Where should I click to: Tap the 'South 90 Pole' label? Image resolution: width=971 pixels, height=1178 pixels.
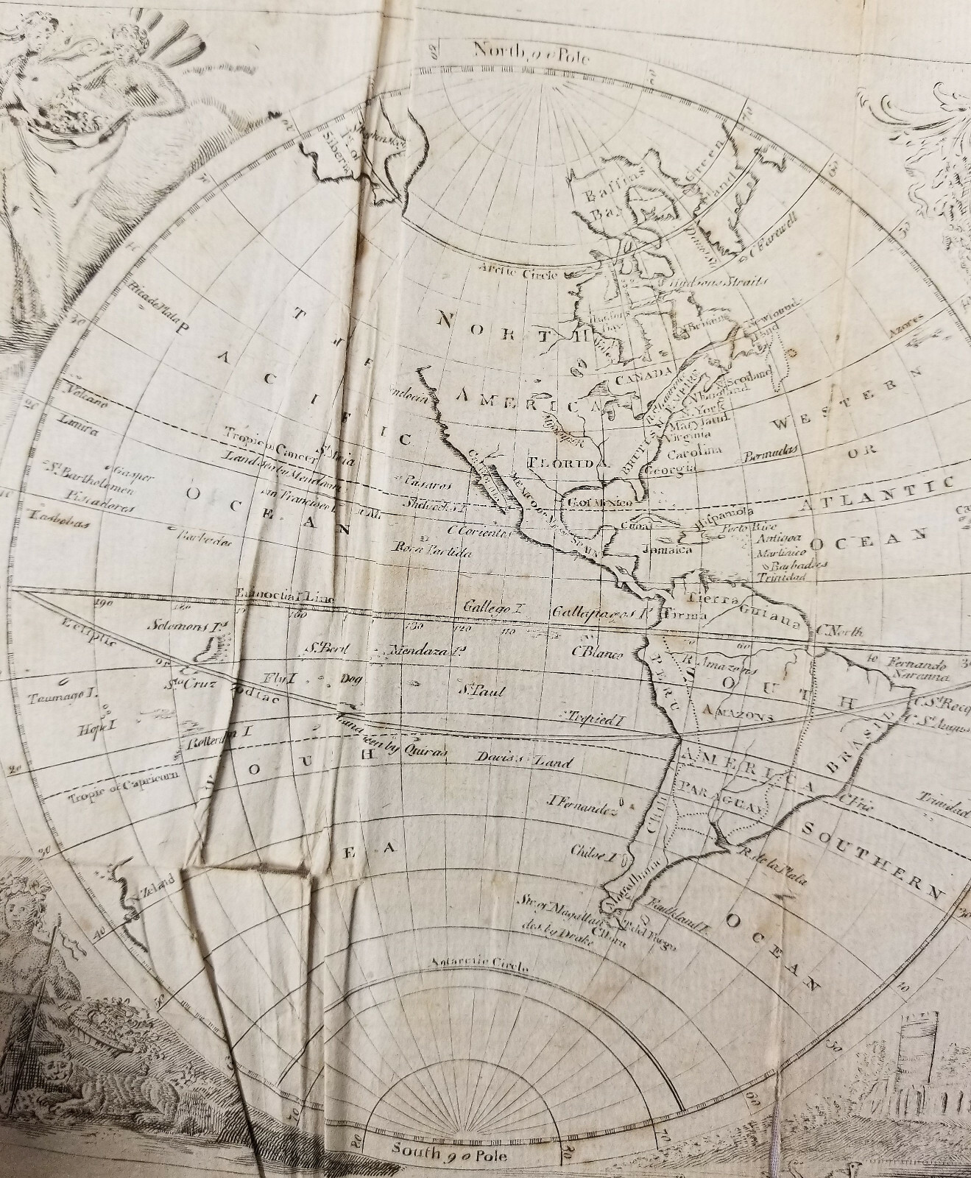coord(450,1150)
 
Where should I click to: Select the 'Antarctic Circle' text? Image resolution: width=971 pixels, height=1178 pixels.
coord(467,965)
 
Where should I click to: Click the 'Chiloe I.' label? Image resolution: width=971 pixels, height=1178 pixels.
coord(596,856)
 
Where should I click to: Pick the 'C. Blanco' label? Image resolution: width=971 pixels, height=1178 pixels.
coord(597,652)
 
